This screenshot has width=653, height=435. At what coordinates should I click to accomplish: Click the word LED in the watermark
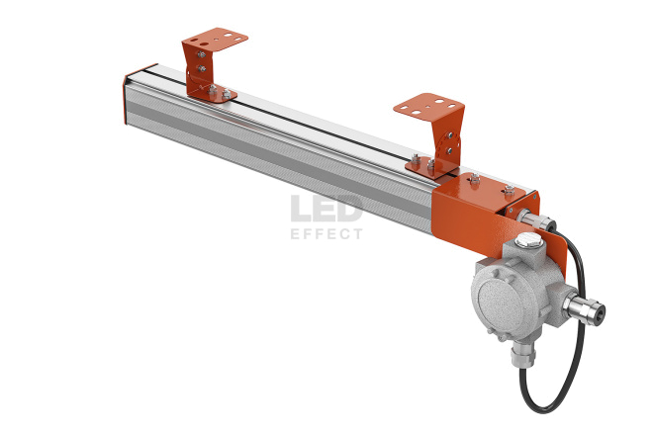(x=326, y=209)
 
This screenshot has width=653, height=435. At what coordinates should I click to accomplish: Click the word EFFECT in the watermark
(x=326, y=234)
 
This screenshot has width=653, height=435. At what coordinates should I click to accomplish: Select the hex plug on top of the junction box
(x=527, y=240)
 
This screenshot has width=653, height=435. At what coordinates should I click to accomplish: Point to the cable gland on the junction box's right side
(x=585, y=308)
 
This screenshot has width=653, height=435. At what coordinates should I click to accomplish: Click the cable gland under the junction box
(x=523, y=353)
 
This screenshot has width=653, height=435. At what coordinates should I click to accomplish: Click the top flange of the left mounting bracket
(x=216, y=40)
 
